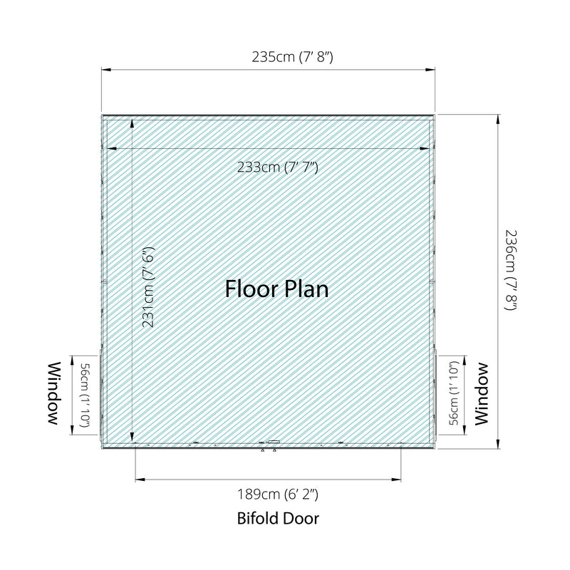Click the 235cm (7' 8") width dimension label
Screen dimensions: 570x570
pyautogui.click(x=292, y=57)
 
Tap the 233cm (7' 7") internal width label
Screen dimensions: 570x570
pyautogui.click(x=278, y=167)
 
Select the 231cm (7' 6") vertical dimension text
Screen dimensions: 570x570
pyautogui.click(x=149, y=287)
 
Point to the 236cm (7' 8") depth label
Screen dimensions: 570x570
pyautogui.click(x=511, y=270)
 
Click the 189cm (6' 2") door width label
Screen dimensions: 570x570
pyautogui.click(x=278, y=494)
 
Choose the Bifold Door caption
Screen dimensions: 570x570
pyautogui.click(x=278, y=519)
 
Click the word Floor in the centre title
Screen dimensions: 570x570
pyautogui.click(x=251, y=289)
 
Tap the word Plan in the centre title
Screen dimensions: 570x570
pyautogui.click(x=306, y=290)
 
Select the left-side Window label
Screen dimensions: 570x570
pyautogui.click(x=54, y=393)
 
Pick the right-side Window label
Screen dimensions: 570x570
pyautogui.click(x=482, y=394)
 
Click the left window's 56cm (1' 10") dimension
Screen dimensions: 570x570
pyautogui.click(x=83, y=395)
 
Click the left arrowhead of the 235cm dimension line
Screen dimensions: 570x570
pyautogui.click(x=105, y=70)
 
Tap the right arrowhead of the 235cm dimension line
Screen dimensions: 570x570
pyautogui.click(x=430, y=70)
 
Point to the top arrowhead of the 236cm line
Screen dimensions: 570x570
pyautogui.click(x=497, y=119)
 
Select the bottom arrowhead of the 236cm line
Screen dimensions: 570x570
pyautogui.click(x=497, y=444)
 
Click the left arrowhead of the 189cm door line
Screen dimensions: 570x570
pyautogui.click(x=140, y=480)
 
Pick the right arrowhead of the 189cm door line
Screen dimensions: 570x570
pyautogui.click(x=397, y=480)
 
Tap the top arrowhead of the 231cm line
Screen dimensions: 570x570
pyautogui.click(x=132, y=123)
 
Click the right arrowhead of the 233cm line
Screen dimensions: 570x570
pyautogui.click(x=425, y=148)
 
